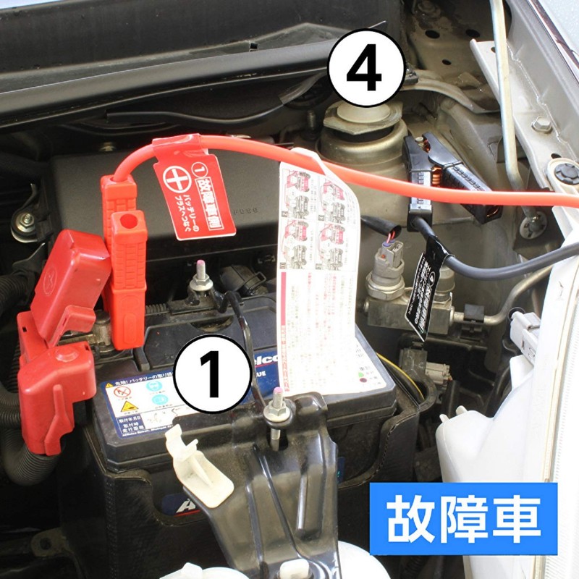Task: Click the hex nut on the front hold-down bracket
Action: tap(276, 413)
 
